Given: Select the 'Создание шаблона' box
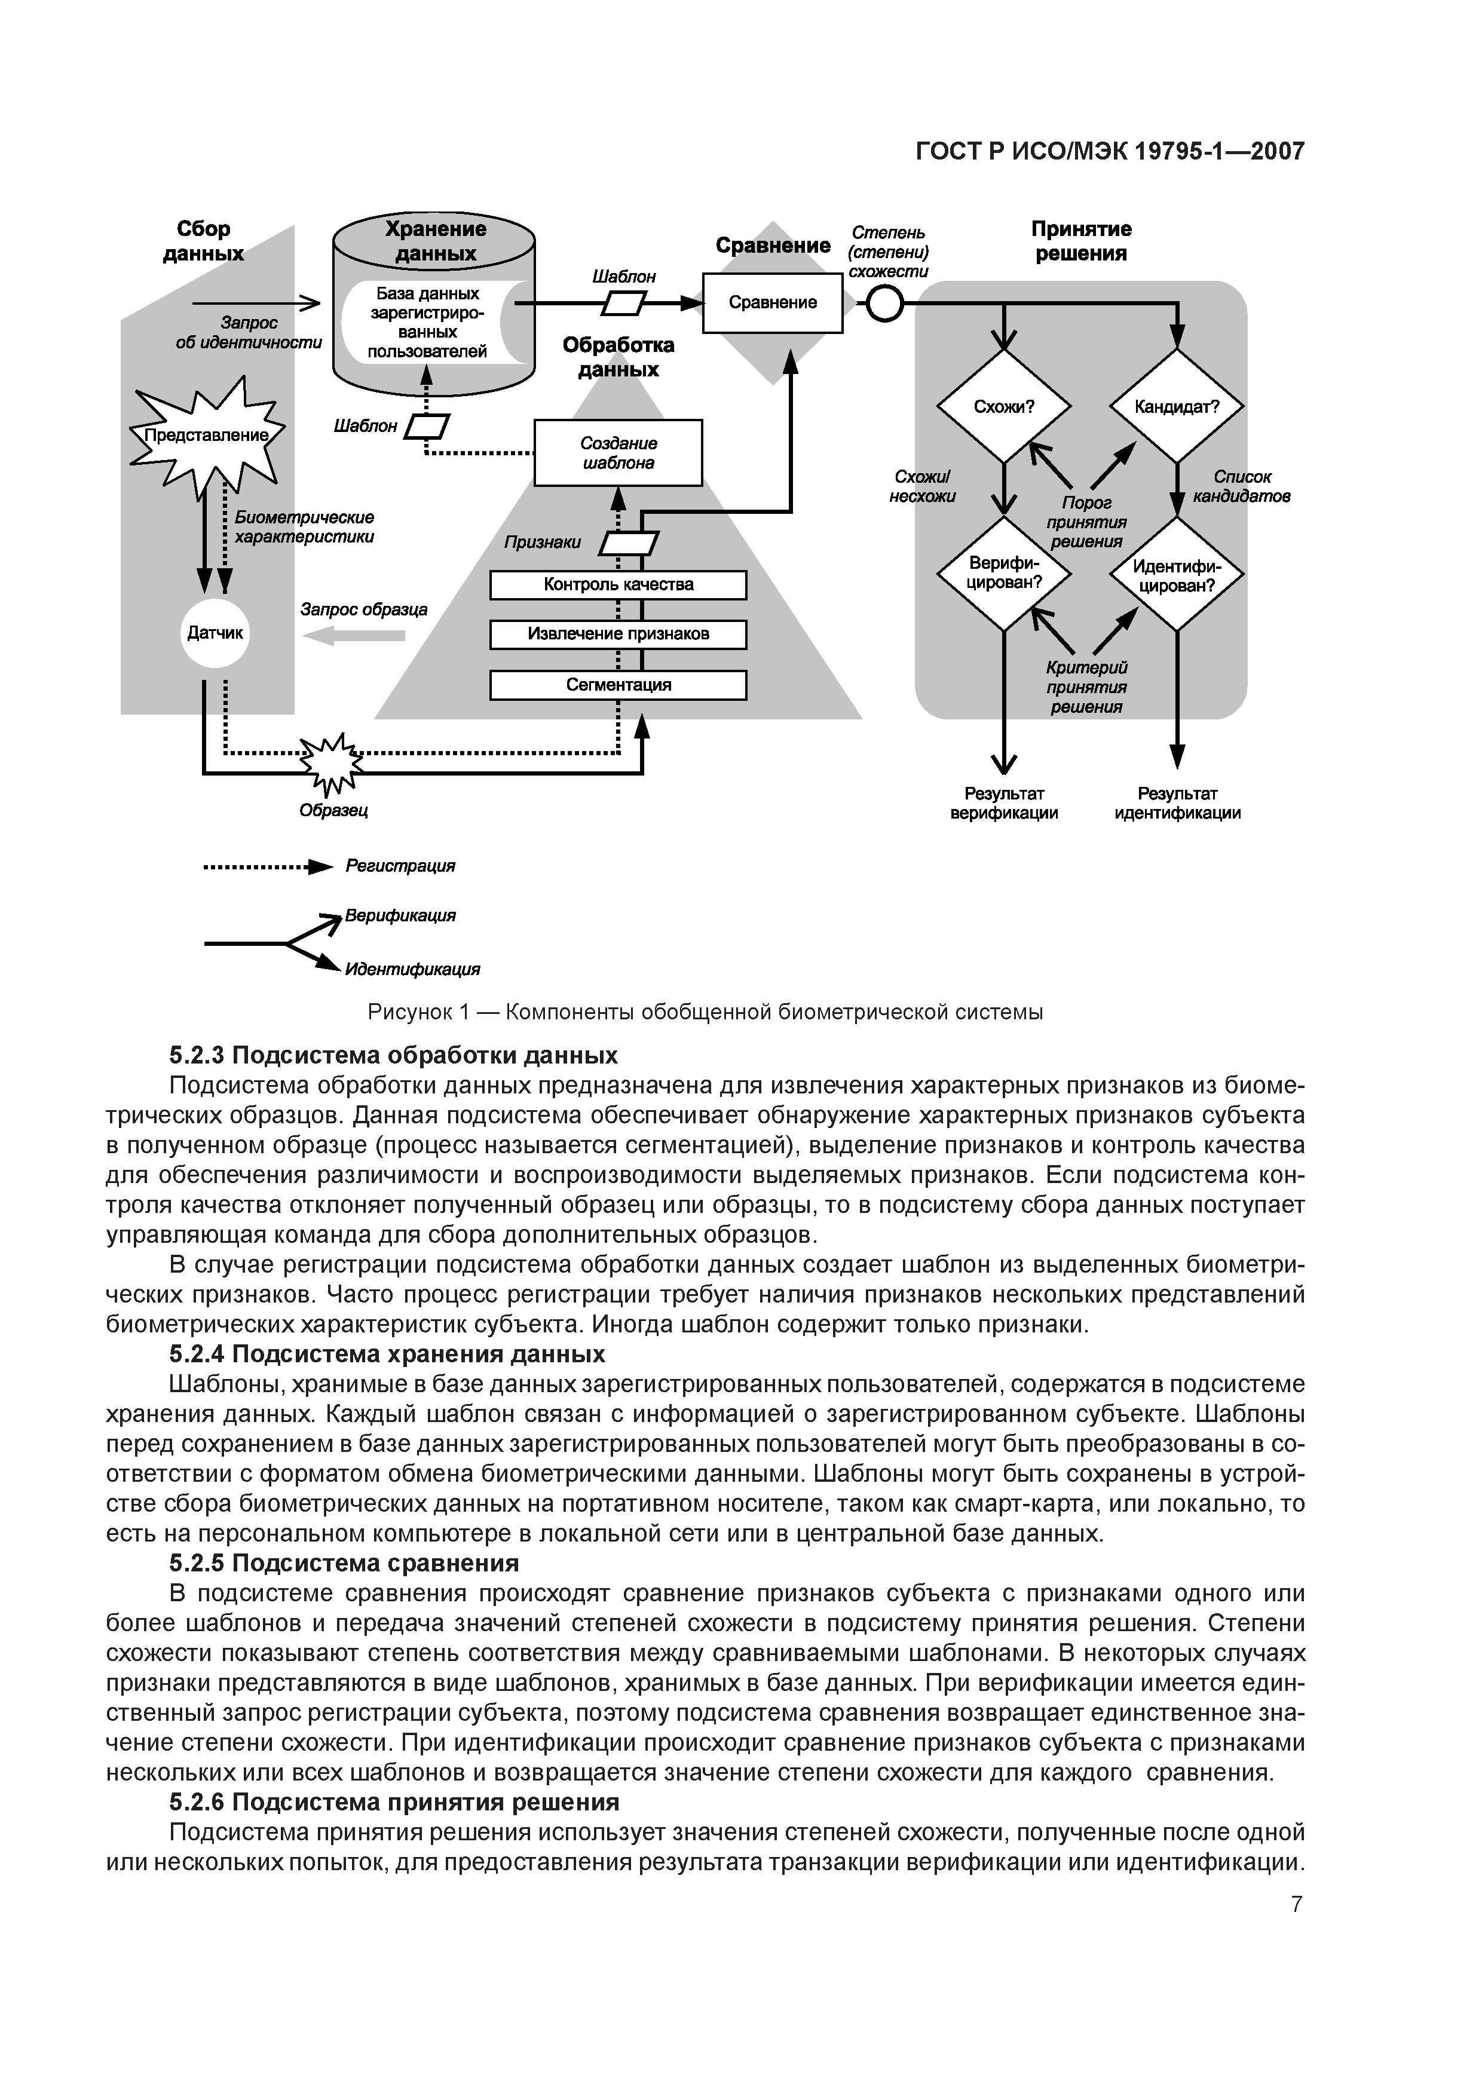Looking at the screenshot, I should point(618,453).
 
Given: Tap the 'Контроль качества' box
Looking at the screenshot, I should point(618,585).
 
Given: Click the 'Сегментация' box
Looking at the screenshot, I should point(618,685).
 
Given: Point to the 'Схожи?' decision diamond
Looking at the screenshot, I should point(1003,407).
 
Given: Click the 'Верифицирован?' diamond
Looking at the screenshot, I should point(1003,574).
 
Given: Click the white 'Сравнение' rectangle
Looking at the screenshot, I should point(773,303).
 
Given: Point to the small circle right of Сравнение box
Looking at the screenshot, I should point(884,304).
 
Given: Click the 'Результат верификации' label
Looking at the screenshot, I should point(1003,804).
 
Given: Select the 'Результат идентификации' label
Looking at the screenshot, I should point(1177,804).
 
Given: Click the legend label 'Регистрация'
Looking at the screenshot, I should point(400,865).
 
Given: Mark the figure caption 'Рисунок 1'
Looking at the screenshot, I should point(705,1012).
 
